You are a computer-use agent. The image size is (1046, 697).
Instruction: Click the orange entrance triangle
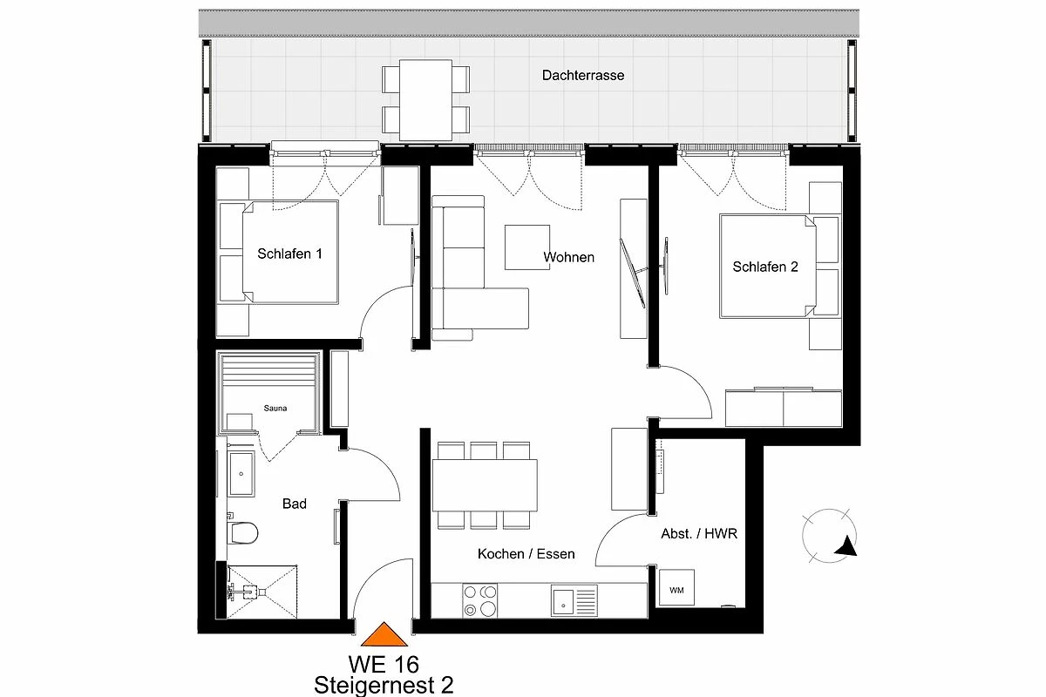click(384, 634)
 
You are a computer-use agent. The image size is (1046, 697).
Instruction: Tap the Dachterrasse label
click(583, 76)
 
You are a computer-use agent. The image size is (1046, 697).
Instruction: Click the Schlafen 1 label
click(289, 254)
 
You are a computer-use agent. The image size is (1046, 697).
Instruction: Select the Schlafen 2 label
click(765, 267)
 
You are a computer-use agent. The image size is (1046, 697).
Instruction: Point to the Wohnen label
click(568, 257)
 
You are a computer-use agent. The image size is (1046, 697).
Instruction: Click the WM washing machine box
click(676, 587)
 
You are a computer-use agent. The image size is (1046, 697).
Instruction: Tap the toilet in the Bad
click(242, 532)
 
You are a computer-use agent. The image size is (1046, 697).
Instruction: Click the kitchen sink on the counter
click(574, 601)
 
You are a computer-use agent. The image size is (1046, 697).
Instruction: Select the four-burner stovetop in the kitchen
click(479, 601)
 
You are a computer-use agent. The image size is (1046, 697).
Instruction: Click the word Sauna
click(275, 409)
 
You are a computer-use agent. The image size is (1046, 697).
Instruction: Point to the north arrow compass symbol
click(829, 536)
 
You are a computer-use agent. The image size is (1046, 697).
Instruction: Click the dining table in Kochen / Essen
click(485, 485)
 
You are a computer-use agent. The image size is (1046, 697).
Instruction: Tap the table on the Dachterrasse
click(425, 100)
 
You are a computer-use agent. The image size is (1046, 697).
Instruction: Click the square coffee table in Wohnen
click(526, 247)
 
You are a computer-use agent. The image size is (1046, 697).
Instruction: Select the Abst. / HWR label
click(699, 534)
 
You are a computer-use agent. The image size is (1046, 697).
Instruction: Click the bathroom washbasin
click(241, 473)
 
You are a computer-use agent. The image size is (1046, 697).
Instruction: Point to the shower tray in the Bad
click(262, 592)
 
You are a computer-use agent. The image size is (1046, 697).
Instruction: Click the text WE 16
click(384, 664)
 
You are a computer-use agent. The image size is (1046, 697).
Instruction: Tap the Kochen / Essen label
click(526, 554)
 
